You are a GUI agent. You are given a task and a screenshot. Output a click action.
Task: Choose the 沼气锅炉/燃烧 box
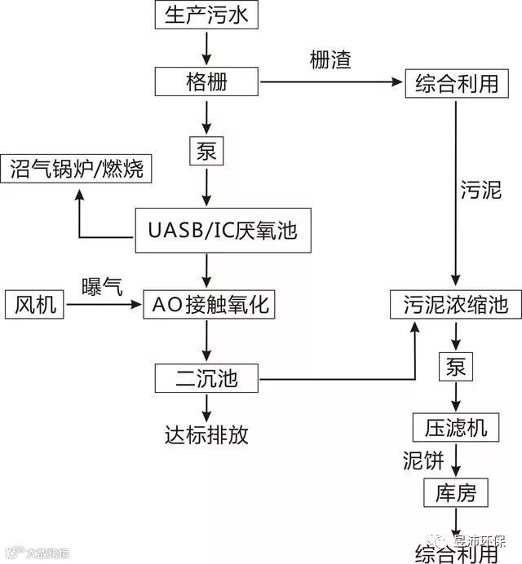coord(77,169)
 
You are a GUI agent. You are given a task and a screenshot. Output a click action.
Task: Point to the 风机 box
coord(36,305)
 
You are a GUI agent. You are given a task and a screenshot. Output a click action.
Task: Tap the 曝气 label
coord(102,286)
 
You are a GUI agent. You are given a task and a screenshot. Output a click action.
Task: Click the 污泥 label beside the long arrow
coord(481,190)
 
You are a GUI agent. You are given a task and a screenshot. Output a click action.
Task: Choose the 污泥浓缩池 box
coord(454,305)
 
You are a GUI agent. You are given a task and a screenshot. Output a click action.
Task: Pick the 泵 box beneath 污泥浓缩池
coord(455,367)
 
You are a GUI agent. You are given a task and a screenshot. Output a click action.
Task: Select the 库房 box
coord(455,492)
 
